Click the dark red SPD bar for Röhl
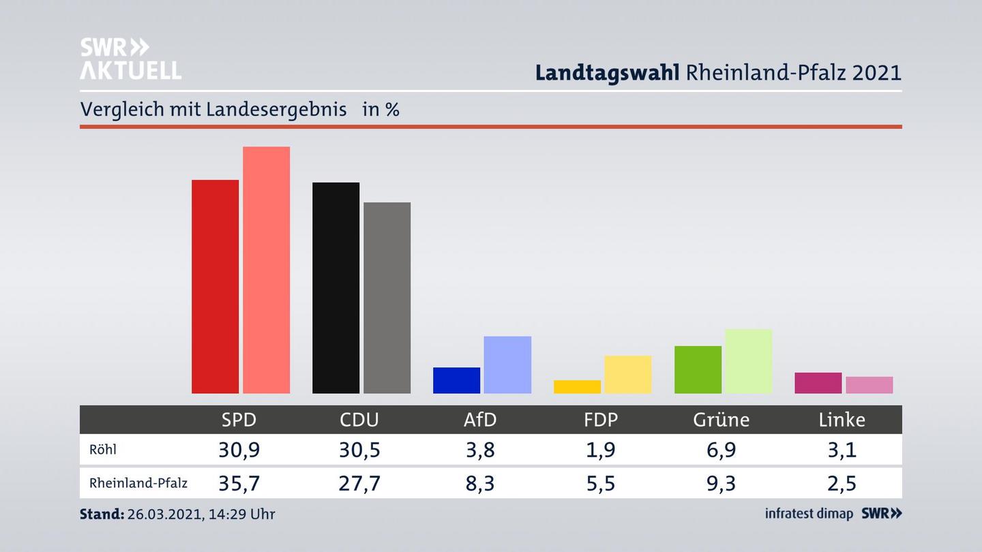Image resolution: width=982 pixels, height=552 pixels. [x=215, y=286]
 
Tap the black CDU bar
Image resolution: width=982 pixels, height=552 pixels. [x=336, y=288]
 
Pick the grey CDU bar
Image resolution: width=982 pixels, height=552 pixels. [x=387, y=298]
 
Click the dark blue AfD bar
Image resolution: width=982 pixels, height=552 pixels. [x=456, y=380]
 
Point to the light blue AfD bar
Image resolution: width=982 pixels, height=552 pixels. [x=507, y=365]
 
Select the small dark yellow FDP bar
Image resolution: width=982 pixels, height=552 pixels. [x=577, y=386]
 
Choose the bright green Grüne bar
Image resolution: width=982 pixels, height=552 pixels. [x=698, y=369]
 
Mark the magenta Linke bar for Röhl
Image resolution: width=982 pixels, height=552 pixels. [x=818, y=383]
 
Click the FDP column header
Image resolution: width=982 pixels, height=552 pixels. [x=601, y=420]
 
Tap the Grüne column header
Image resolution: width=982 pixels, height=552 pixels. [x=721, y=420]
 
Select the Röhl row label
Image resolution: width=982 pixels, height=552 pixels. [x=103, y=450]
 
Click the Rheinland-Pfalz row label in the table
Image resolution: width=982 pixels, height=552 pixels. [x=138, y=483]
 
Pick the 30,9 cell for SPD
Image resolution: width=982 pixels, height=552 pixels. [x=239, y=450]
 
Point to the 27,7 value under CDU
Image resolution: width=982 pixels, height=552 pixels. [x=359, y=483]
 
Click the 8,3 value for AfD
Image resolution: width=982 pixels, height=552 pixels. [x=480, y=483]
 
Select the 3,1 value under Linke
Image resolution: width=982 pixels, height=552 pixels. [x=842, y=450]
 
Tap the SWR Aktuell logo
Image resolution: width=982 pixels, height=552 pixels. [x=130, y=59]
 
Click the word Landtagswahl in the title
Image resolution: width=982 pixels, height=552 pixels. [x=607, y=73]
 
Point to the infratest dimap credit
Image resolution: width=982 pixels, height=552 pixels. [x=809, y=514]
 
